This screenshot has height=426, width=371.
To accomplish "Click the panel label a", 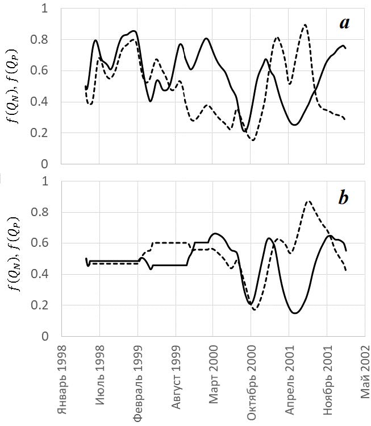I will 344,23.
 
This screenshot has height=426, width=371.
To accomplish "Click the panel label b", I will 343,198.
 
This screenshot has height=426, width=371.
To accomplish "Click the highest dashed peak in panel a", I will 305,25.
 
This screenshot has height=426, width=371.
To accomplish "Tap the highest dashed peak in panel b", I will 308,201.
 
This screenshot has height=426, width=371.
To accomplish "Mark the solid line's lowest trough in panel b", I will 295,313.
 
